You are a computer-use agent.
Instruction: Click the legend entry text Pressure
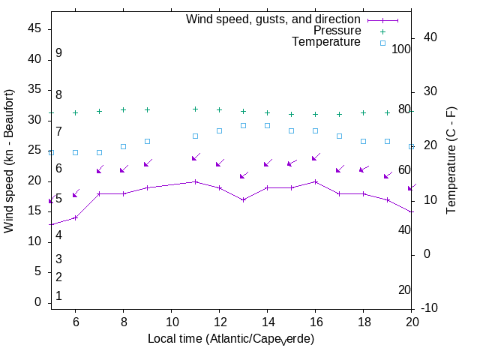[x=337, y=31]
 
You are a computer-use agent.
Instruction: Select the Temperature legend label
[x=326, y=42]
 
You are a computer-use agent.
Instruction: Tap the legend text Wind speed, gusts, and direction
[x=274, y=19]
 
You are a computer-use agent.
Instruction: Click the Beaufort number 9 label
[x=58, y=53]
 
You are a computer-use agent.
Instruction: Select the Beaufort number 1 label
[x=58, y=296]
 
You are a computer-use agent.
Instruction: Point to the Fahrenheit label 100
[x=402, y=49]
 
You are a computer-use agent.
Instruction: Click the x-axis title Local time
[x=230, y=339]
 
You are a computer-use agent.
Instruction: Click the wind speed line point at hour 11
[x=195, y=181]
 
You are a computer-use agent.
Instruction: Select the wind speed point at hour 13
[x=243, y=199]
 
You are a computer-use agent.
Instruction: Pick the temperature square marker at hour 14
[x=267, y=125]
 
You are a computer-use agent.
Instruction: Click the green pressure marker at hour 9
[x=147, y=109]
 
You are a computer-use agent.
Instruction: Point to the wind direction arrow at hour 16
[x=316, y=157]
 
